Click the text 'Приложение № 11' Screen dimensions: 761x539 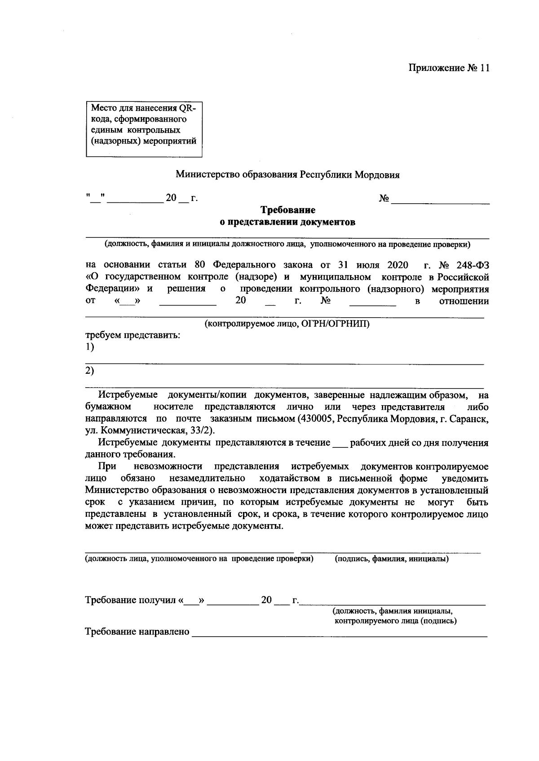pyautogui.click(x=448, y=68)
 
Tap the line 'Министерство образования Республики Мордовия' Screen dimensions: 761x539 pyautogui.click(x=287, y=175)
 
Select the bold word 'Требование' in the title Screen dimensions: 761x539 pyautogui.click(x=288, y=210)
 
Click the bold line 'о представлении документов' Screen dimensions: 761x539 pyautogui.click(x=287, y=222)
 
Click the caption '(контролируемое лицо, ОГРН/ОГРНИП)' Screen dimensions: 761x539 pyautogui.click(x=287, y=324)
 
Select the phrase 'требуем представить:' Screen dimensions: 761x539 pyautogui.click(x=133, y=335)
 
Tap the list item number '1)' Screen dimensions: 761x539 pyautogui.click(x=90, y=347)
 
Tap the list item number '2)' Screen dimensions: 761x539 pyautogui.click(x=90, y=371)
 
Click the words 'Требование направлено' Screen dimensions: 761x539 pyautogui.click(x=137, y=632)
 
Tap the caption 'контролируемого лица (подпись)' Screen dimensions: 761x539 pyautogui.click(x=396, y=621)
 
